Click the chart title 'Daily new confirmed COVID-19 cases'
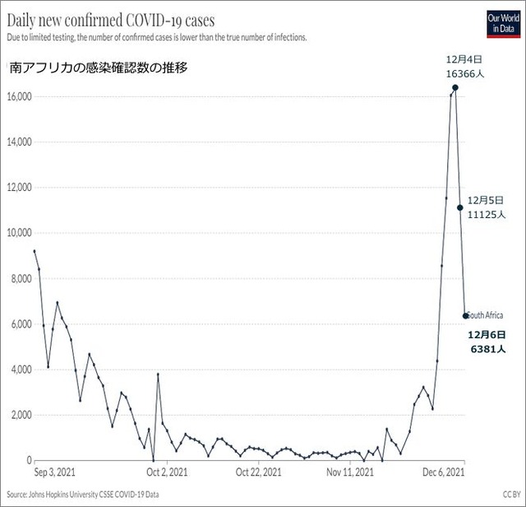point(111,19)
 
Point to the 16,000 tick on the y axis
point(17,96)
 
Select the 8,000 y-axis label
point(19,279)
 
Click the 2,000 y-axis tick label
point(19,416)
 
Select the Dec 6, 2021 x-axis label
point(445,473)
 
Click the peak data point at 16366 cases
point(455,87)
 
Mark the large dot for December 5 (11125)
point(460,207)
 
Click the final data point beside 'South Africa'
point(466,315)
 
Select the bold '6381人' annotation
point(487,349)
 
